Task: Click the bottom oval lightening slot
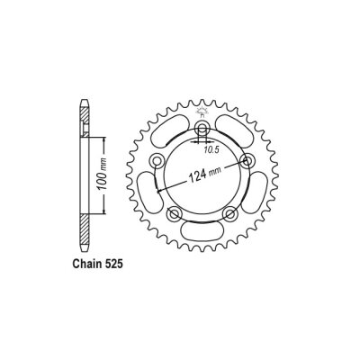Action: click(202, 237)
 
